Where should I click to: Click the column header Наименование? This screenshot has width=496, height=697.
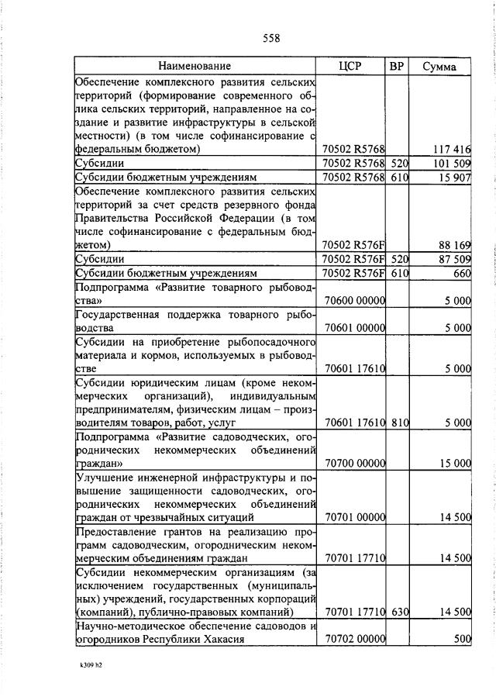tap(195, 67)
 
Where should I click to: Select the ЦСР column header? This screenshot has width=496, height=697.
tap(351, 67)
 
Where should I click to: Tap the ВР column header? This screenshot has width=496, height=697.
tap(398, 67)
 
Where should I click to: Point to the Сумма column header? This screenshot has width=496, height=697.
tap(439, 67)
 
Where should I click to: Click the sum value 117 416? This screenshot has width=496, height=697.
tap(453, 149)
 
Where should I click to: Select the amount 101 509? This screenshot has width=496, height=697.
tap(453, 164)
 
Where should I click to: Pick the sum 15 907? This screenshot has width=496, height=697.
tap(455, 178)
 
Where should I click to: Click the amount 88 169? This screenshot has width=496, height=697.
tap(455, 245)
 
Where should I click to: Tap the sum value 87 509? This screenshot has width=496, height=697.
tap(455, 259)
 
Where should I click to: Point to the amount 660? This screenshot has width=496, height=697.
tap(463, 273)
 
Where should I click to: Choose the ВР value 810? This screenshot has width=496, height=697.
tap(398, 423)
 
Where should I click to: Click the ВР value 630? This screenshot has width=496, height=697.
tap(398, 612)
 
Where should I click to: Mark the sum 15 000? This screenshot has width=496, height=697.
tap(455, 464)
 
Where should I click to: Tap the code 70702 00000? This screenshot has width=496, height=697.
tap(356, 640)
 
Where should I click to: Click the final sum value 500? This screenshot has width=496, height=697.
tap(463, 640)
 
